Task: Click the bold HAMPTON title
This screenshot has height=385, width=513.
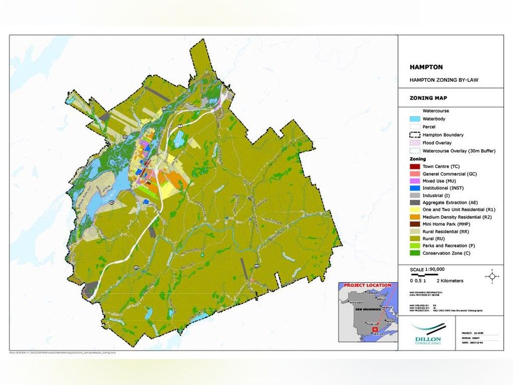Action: pos(426,67)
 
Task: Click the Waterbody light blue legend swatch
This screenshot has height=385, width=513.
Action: pos(415,119)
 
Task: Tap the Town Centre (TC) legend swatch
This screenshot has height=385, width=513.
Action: pos(415,166)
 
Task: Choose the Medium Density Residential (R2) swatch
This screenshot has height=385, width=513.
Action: pos(415,217)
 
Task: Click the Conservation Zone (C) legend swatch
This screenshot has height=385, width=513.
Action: pos(415,253)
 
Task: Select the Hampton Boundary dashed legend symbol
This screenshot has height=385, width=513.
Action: pos(415,134)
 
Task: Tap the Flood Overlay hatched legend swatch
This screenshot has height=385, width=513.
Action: pos(415,143)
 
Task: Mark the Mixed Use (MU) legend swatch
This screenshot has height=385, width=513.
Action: pos(415,181)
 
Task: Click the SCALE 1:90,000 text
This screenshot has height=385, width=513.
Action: pos(427,269)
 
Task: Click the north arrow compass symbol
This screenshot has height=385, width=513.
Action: pos(492,276)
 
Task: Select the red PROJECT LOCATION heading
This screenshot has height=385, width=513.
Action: pos(367,285)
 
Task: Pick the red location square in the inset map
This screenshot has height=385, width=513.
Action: pos(375,329)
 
